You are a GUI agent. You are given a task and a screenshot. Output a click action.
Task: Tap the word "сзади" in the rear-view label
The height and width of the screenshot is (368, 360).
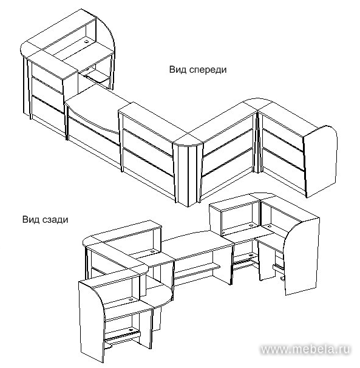[x=56, y=220]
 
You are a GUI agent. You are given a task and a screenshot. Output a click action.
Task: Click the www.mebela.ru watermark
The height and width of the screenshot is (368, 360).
[x=305, y=349]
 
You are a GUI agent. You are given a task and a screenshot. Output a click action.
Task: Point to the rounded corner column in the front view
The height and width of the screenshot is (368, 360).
[x=188, y=174]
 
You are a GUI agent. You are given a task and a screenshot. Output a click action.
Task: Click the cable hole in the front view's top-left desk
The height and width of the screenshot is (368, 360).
[x=87, y=41]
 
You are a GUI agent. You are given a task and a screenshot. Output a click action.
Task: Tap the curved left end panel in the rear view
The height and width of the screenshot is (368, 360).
[x=92, y=321]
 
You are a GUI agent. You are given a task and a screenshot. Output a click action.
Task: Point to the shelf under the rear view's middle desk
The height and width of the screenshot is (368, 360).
[x=197, y=269]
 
